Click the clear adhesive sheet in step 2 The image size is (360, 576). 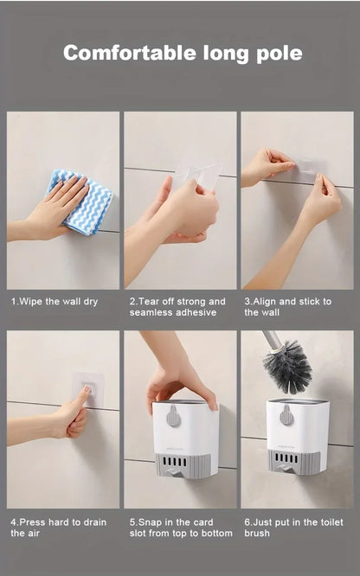coord(200,177)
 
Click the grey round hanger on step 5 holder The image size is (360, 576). coord(174,416)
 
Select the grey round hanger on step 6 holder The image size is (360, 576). coord(286,414)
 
